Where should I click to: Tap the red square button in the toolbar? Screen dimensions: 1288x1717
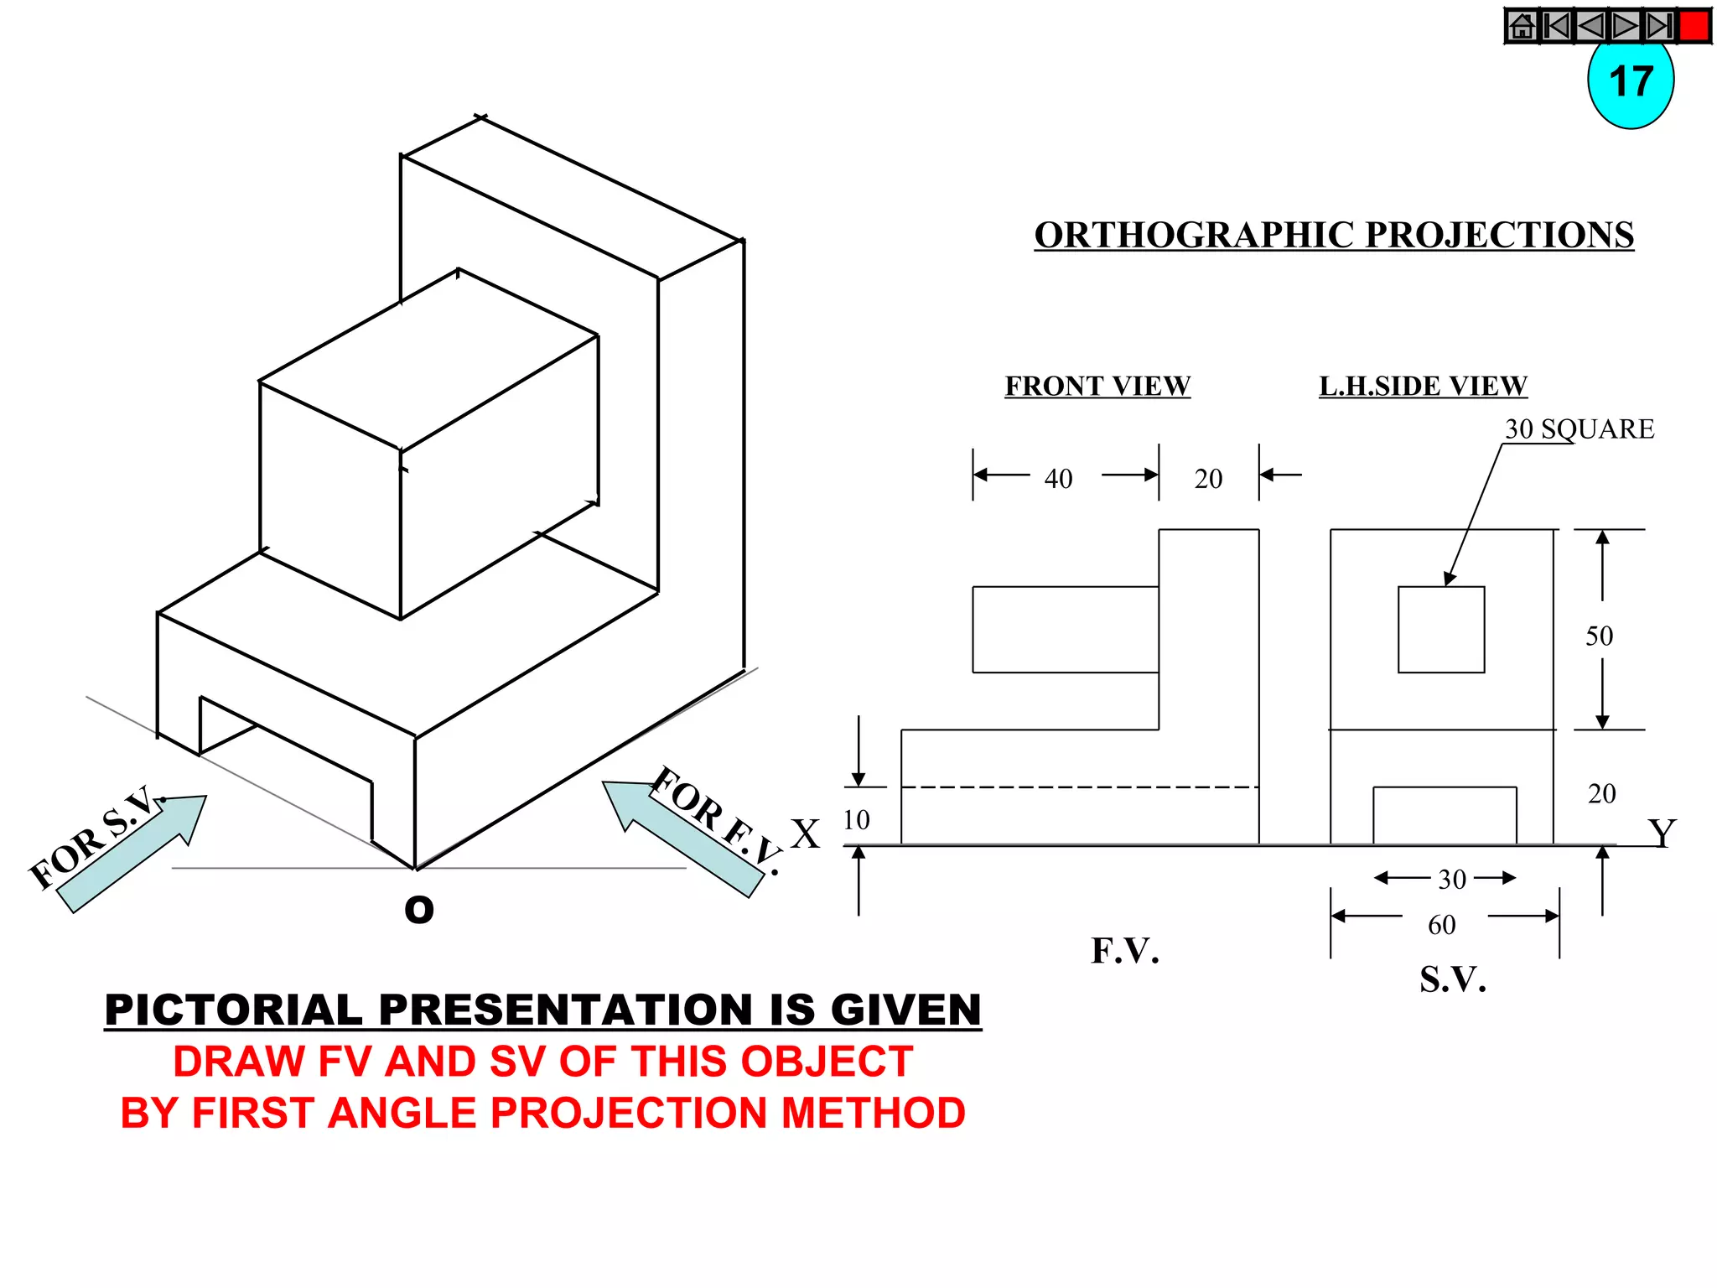coord(1694,25)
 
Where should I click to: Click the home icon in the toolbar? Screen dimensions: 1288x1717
coord(1522,26)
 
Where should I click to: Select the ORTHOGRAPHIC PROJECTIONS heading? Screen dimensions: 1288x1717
coord(1333,235)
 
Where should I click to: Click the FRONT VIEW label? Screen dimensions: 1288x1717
coord(1097,386)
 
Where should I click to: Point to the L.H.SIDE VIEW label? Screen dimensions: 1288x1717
coord(1423,386)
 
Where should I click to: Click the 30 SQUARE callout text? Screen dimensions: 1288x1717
coord(1579,428)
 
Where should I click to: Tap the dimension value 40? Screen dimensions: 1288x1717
coord(1058,479)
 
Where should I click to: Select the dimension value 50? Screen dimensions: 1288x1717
coord(1599,636)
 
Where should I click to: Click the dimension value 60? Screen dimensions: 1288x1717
coord(1441,925)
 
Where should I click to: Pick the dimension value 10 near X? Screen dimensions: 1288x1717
coord(856,819)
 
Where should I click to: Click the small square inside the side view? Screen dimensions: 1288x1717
coord(1440,629)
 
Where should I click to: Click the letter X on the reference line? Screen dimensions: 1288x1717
coord(805,834)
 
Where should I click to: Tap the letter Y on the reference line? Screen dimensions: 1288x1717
coord(1661,834)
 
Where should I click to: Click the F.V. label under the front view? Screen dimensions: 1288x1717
coord(1124,951)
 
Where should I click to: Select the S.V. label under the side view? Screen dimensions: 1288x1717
coord(1452,979)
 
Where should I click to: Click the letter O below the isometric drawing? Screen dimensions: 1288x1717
coord(419,909)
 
